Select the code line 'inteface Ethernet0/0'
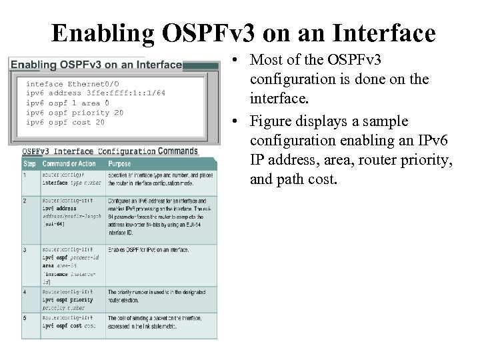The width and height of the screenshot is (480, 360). pos(73,84)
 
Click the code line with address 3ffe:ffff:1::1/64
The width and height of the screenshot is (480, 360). pos(95,93)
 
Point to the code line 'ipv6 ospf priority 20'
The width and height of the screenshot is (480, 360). pos(74,113)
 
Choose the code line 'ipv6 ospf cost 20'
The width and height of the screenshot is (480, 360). pos(65,122)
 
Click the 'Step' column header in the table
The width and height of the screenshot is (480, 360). pos(30,164)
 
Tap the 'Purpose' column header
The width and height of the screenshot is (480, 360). pos(121,164)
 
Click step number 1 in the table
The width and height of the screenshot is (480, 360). pos(26,175)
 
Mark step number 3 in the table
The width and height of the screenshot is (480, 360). pos(26,249)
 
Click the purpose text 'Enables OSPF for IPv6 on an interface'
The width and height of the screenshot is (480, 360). pos(147,249)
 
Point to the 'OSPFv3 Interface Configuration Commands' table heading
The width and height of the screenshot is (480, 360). pos(110,151)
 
